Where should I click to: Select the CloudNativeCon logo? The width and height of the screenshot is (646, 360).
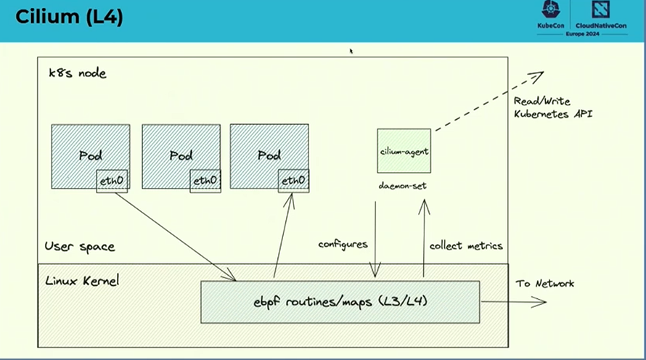[x=602, y=15]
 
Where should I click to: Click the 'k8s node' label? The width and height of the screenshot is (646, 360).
[x=77, y=73]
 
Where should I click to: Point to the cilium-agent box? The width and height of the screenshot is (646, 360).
[x=404, y=151]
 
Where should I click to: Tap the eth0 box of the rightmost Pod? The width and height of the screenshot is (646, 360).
[x=293, y=181]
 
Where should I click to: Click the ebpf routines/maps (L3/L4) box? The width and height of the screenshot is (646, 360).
[x=340, y=301]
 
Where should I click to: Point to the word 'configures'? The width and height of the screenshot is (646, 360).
[x=343, y=245]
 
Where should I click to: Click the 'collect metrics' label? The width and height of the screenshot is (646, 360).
[x=466, y=245]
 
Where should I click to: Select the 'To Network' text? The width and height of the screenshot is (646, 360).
[x=544, y=283]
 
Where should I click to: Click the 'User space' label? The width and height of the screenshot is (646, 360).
[x=80, y=246]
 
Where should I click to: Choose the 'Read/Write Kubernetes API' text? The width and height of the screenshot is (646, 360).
[x=552, y=107]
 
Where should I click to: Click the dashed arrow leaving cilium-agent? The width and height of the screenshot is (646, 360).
[x=486, y=102]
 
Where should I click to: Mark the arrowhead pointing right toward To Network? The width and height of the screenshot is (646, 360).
[x=540, y=301]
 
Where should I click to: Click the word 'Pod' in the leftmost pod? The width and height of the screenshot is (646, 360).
[x=90, y=155]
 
